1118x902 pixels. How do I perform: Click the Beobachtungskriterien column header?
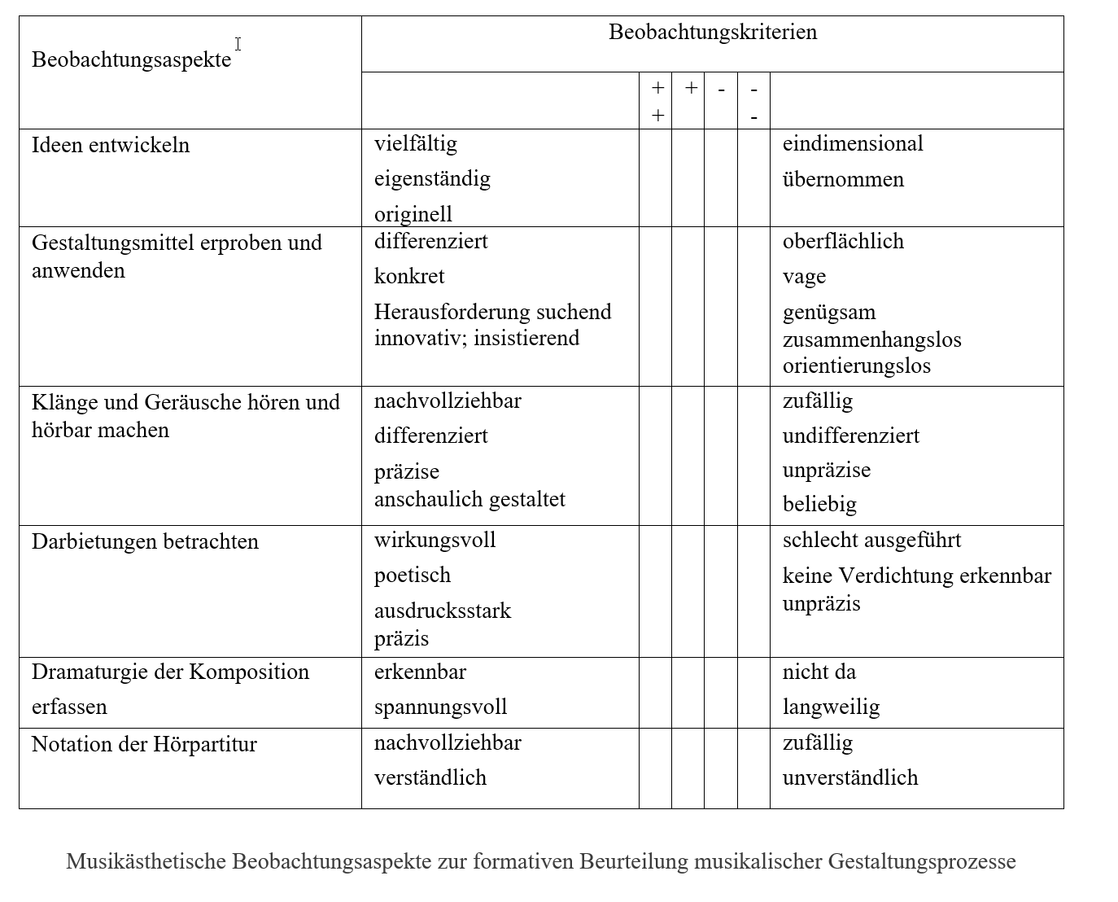tap(712, 33)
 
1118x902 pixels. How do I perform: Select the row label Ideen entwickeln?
tap(111, 145)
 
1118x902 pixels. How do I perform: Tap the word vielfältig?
tap(416, 144)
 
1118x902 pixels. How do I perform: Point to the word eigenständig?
tap(432, 179)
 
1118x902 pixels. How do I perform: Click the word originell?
tap(413, 214)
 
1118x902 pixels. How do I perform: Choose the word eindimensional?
tap(853, 144)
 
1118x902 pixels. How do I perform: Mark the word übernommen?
tap(843, 179)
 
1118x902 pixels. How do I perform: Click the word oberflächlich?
tap(843, 242)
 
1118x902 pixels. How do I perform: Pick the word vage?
tap(804, 277)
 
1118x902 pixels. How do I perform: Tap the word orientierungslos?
tap(857, 366)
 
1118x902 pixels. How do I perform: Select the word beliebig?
tap(819, 504)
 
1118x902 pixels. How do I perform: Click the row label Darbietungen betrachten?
tap(145, 542)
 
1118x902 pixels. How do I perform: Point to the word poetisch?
tap(413, 576)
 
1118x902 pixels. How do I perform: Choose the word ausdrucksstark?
tap(443, 611)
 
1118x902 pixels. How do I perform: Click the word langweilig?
tap(831, 707)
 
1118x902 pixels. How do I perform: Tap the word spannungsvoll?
tap(440, 707)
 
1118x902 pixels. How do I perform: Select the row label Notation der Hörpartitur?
tap(144, 744)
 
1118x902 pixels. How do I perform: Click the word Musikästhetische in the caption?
tap(146, 861)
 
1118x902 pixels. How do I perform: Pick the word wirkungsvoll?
tap(435, 541)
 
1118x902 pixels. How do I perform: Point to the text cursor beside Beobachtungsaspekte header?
tap(238, 44)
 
